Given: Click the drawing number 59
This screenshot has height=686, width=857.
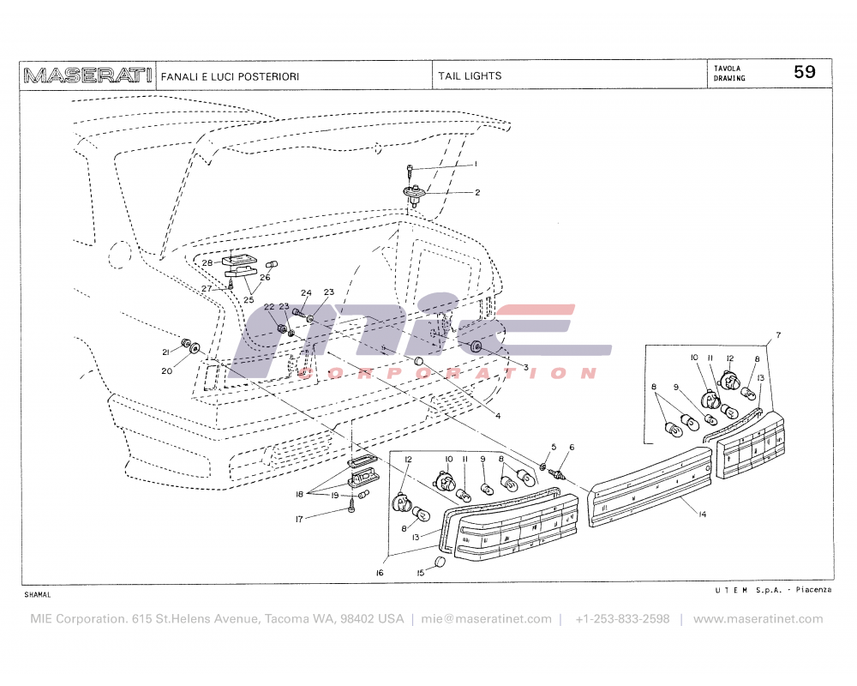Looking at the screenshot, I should point(805,73).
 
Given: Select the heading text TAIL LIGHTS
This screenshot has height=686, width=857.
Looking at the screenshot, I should point(470,75).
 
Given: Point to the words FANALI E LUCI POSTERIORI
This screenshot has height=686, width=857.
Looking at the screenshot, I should point(230,76).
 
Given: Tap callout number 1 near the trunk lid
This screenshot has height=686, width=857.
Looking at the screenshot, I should point(476,162).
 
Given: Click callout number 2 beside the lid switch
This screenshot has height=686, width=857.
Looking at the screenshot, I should point(476,192).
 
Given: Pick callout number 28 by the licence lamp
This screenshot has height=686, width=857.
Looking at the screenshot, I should point(207,262).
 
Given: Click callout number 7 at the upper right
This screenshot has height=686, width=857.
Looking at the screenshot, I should point(778,334).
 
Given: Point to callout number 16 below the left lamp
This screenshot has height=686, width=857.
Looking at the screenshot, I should point(379,573).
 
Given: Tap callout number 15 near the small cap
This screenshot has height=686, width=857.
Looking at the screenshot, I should point(421,573).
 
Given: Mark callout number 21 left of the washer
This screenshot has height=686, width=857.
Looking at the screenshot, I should point(165,352).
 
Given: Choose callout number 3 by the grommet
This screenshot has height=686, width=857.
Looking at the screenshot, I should point(525,366).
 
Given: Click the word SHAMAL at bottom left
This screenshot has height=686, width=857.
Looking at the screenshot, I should point(38,594).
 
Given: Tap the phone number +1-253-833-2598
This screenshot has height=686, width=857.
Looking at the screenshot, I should point(622,618).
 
